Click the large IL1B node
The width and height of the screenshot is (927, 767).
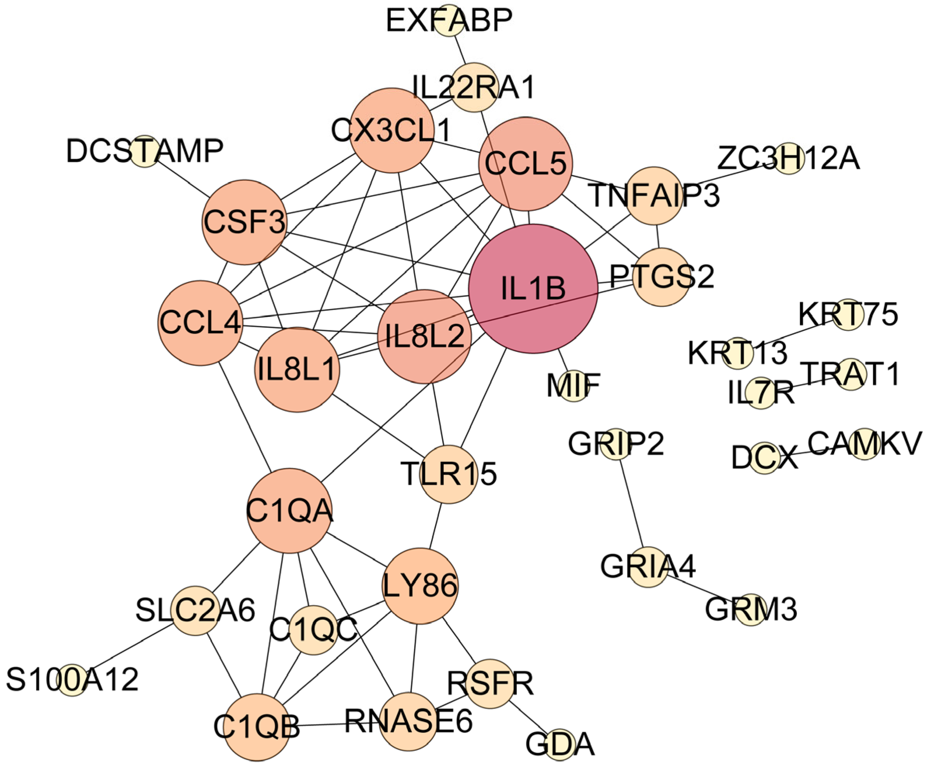(x=533, y=289)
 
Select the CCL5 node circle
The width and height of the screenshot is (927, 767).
(x=525, y=164)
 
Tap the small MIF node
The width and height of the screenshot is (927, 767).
(x=574, y=385)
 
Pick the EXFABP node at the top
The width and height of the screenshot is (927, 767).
(x=449, y=20)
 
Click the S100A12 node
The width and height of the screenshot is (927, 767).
(x=72, y=680)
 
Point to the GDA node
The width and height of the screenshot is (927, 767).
(x=560, y=744)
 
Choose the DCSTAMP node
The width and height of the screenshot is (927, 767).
(x=145, y=151)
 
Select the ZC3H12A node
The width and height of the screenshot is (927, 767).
(x=788, y=158)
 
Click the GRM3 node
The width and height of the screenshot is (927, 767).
(x=751, y=609)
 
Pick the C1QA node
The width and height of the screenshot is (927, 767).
(x=289, y=511)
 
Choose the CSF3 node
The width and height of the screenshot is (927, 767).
(x=244, y=222)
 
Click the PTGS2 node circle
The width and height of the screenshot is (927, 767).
(x=661, y=277)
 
